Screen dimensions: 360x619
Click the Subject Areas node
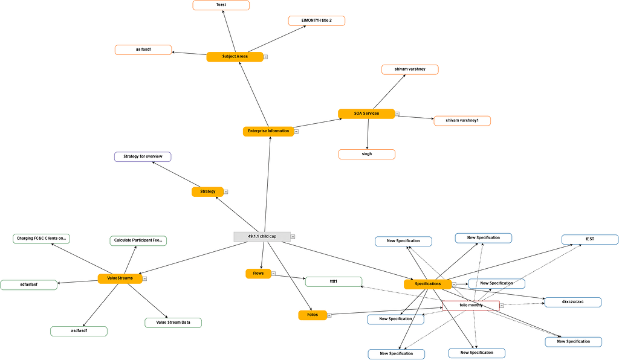tap(235, 57)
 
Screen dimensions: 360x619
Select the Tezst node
tap(221, 5)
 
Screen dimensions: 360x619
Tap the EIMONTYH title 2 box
tap(317, 21)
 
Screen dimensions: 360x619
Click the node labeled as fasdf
tap(143, 50)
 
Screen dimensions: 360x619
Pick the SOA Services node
tap(366, 114)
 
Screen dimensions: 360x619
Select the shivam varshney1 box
tap(462, 121)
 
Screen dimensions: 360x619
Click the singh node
tap(366, 154)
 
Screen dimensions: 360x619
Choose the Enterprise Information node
tap(268, 131)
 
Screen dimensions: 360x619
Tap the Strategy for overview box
tap(143, 157)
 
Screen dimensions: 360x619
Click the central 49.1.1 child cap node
tap(262, 237)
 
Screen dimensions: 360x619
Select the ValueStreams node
tap(120, 278)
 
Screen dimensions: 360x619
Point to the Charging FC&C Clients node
tap(41, 239)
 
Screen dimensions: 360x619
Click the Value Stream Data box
tap(173, 323)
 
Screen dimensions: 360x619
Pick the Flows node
tap(258, 274)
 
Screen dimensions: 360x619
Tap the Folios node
tap(313, 315)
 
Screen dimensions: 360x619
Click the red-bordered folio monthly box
tap(471, 306)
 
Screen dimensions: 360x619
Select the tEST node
tap(589, 240)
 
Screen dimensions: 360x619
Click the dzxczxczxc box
tap(572, 302)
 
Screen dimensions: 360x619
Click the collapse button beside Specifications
tap(454, 284)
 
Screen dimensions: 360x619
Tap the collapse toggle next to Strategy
tap(226, 192)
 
